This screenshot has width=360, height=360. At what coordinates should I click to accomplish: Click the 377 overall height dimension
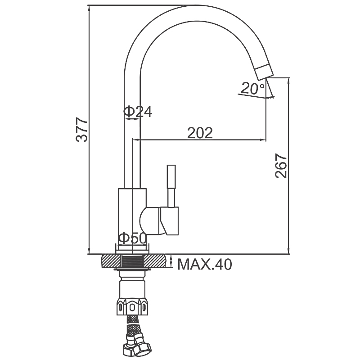(x=82, y=130)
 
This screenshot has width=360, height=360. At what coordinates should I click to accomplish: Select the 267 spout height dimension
(x=281, y=166)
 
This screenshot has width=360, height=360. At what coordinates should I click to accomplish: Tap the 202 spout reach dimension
(x=200, y=133)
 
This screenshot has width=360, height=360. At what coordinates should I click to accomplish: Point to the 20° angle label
(x=253, y=89)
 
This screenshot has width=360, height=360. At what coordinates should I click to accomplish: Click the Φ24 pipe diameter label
(x=138, y=112)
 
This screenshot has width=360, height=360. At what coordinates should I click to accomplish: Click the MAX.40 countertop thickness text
(x=205, y=264)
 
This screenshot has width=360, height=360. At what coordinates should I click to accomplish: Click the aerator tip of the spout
(x=265, y=72)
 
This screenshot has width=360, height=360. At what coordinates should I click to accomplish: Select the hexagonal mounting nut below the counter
(x=132, y=306)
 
